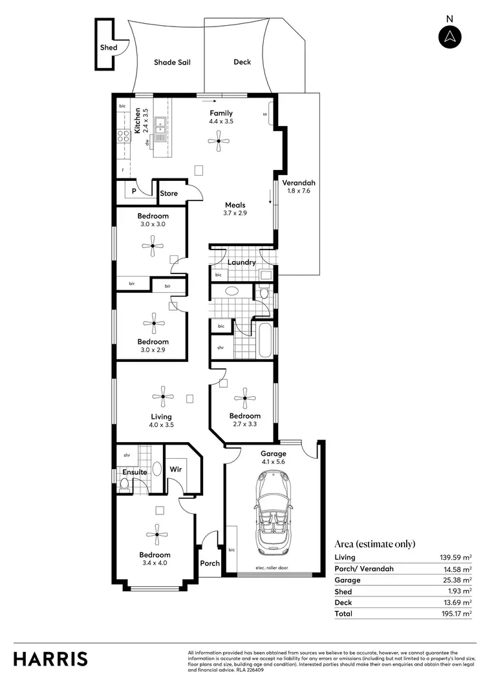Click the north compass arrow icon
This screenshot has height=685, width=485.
click(x=449, y=37)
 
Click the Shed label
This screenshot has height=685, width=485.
click(x=108, y=47)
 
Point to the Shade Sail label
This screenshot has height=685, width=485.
click(x=171, y=63)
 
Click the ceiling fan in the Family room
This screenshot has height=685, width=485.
click(x=219, y=140)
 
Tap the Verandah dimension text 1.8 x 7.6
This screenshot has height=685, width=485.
click(x=298, y=191)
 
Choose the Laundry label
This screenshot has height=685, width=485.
click(x=241, y=262)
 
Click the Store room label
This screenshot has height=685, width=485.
click(x=169, y=193)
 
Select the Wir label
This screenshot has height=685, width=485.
click(x=175, y=470)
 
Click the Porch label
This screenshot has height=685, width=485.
click(x=210, y=563)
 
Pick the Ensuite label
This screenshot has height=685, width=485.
click(x=135, y=472)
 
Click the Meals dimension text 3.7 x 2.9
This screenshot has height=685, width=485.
click(x=235, y=213)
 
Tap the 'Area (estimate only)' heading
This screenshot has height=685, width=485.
click(x=374, y=543)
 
